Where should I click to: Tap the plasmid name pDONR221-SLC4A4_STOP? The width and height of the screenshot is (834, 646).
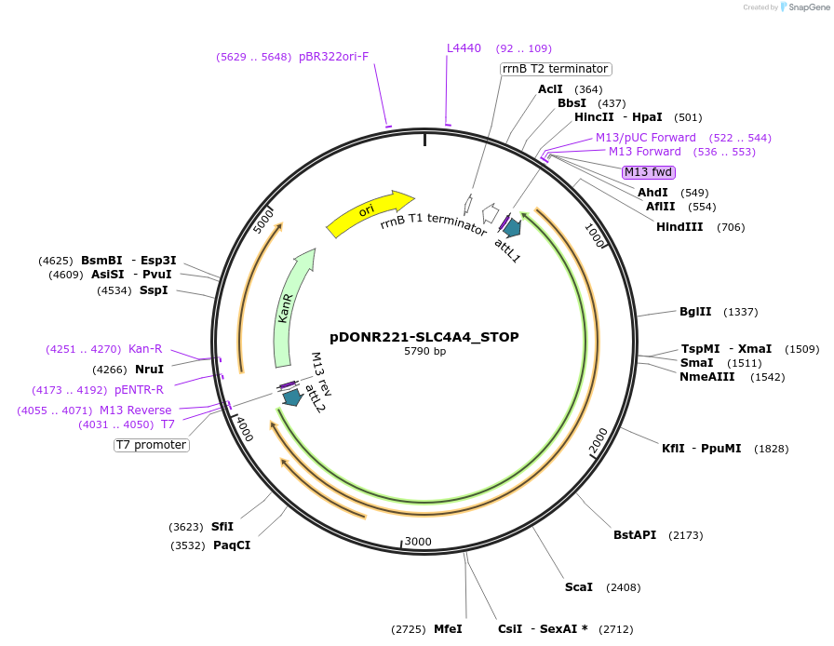[424, 337]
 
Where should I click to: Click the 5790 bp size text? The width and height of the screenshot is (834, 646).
[424, 352]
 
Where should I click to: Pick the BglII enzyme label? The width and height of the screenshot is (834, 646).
[694, 312]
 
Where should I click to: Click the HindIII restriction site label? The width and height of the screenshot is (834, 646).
[679, 227]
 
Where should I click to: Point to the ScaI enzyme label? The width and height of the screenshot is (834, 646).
[578, 587]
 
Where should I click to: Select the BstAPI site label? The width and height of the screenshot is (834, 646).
[635, 535]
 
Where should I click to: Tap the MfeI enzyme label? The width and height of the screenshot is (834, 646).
[448, 629]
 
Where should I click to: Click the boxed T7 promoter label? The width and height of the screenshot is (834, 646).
[152, 445]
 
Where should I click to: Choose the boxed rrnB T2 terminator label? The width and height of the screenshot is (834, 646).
[556, 69]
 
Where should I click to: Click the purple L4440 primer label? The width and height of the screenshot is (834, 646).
[464, 48]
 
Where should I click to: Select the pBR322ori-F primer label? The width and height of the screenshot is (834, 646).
[333, 57]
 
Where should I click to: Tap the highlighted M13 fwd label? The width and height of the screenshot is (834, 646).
[648, 172]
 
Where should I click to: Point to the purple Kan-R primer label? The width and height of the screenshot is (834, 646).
[145, 349]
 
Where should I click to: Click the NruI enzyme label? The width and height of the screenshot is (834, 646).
[149, 370]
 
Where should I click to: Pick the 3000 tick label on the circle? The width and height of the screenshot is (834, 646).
[418, 542]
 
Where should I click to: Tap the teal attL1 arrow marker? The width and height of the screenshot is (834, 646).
[511, 227]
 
